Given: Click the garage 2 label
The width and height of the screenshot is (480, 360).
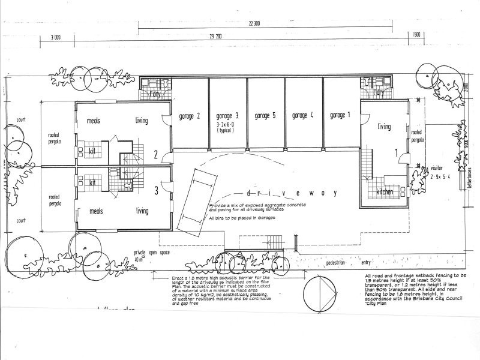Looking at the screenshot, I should click(x=190, y=116).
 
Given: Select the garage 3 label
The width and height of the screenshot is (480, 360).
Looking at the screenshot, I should click(x=227, y=116).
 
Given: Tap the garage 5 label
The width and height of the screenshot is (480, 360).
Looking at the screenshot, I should click(x=265, y=116).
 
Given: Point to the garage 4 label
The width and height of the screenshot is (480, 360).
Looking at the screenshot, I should click(x=304, y=116).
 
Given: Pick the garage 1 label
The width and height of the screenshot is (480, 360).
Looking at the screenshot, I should click(x=341, y=116).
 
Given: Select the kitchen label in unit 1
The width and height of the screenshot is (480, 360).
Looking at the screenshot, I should click(x=385, y=191).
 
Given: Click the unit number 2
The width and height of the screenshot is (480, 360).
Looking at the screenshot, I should click(x=155, y=156).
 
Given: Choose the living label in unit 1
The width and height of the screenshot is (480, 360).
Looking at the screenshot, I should click(x=385, y=127).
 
